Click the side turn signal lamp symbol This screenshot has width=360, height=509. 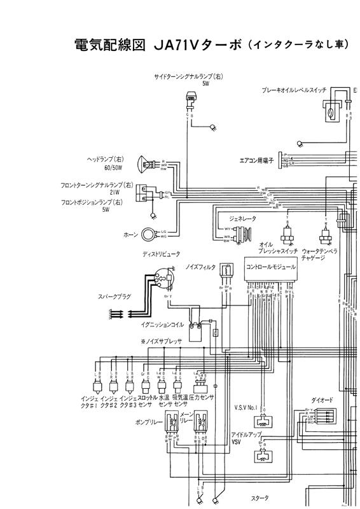(x=189, y=99)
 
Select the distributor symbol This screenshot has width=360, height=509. (x=163, y=279)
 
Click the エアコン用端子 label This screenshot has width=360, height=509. (x=256, y=161)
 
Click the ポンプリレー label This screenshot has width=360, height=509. (x=148, y=422)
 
